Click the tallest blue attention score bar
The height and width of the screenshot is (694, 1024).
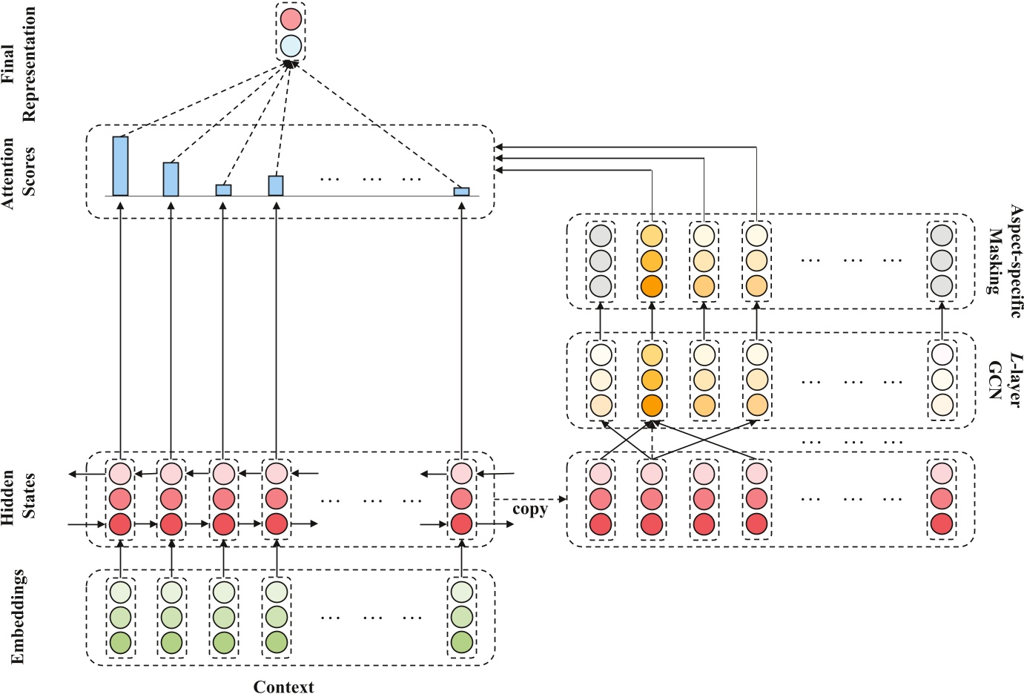click(x=120, y=166)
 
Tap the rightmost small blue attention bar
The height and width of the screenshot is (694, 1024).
click(x=461, y=191)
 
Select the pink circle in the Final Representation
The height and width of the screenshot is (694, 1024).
click(x=291, y=19)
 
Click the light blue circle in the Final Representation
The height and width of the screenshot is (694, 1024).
click(x=291, y=46)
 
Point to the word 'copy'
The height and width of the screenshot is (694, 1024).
click(x=529, y=509)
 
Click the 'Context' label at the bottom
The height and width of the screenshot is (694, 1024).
click(x=283, y=687)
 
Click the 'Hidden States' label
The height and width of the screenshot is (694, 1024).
click(x=19, y=498)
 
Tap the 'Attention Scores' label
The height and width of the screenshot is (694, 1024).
click(x=19, y=172)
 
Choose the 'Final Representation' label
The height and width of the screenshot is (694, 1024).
click(x=19, y=64)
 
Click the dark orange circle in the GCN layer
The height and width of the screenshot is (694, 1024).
click(x=651, y=406)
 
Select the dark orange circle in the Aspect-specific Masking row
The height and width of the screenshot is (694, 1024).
click(x=651, y=286)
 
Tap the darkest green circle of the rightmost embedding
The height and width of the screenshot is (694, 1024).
click(x=461, y=642)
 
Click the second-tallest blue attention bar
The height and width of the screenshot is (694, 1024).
click(x=171, y=179)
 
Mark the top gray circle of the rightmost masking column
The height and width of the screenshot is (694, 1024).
click(x=941, y=236)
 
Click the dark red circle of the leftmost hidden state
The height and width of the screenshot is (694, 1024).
click(x=120, y=524)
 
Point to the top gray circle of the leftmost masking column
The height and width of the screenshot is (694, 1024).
click(x=600, y=236)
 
